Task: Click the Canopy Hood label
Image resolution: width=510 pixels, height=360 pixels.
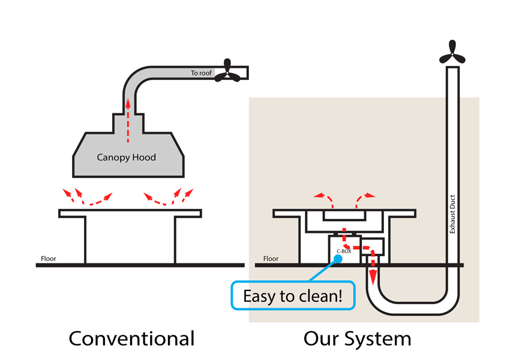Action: pos(127,158)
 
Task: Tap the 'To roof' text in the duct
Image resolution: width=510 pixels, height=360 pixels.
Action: pos(202,73)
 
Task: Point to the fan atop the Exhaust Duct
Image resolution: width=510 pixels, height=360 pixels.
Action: pos(451,52)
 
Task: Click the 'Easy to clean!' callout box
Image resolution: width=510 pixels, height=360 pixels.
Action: pos(295,296)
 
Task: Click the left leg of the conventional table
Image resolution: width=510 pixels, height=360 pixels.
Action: pos(85,240)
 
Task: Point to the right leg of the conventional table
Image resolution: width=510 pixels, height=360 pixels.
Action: pos(175,240)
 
